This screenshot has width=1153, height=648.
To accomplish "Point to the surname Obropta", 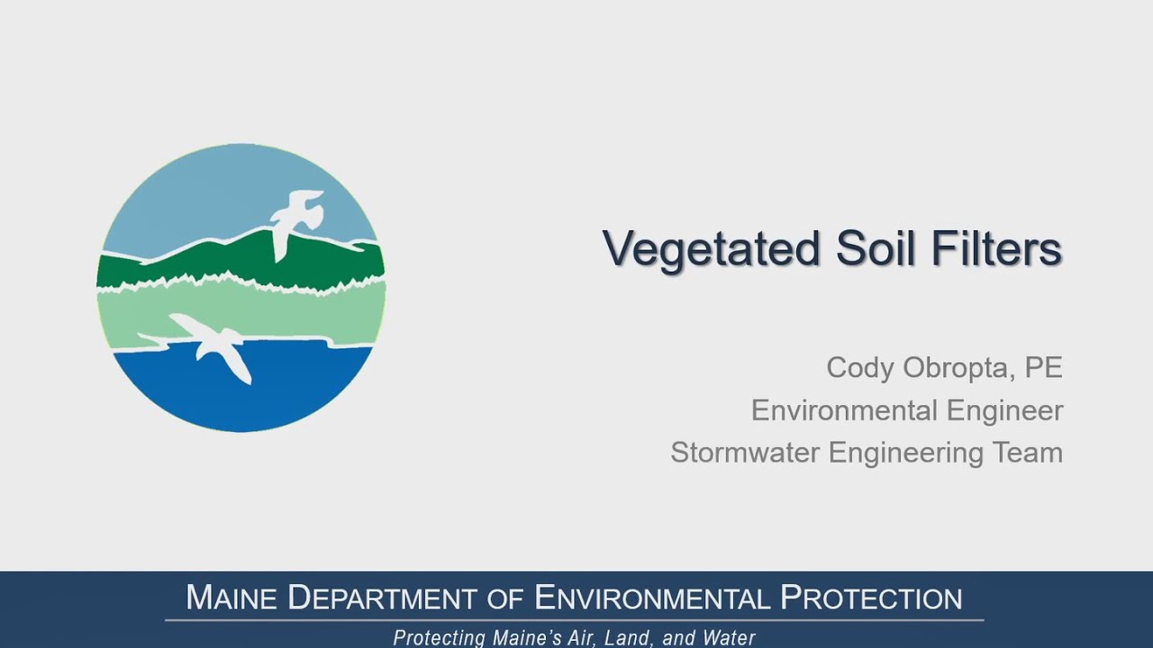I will tap(957, 368).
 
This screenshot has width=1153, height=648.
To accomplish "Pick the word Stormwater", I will tap(745, 452).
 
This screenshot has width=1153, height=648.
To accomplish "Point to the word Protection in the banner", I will tap(871, 598).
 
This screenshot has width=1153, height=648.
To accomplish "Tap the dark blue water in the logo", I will tap(243, 387).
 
